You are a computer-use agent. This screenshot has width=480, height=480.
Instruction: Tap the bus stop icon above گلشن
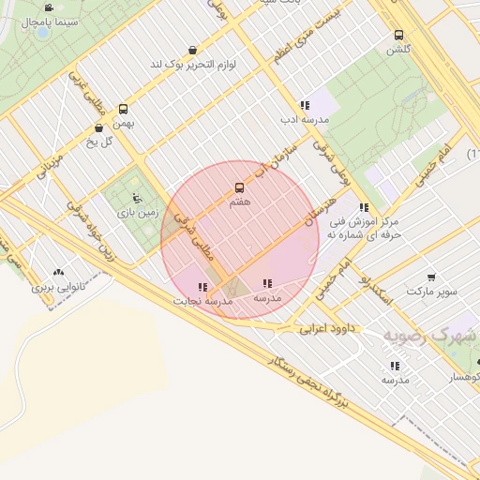coord(399,35)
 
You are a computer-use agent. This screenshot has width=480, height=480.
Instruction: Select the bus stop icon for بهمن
coord(123,109)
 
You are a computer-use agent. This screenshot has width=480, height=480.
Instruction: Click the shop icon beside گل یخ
coord(98,128)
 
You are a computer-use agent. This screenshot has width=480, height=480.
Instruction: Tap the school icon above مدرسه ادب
coord(304,106)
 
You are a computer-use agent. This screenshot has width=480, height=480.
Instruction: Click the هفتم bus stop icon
coord(239,187)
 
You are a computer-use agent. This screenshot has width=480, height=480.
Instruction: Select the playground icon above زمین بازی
coord(137,199)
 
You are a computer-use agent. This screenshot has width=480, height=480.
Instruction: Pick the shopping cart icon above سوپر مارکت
coord(431,277)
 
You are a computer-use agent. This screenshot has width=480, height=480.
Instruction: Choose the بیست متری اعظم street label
coord(309,35)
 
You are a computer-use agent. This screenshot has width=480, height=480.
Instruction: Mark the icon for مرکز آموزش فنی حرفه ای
coord(363,207)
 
